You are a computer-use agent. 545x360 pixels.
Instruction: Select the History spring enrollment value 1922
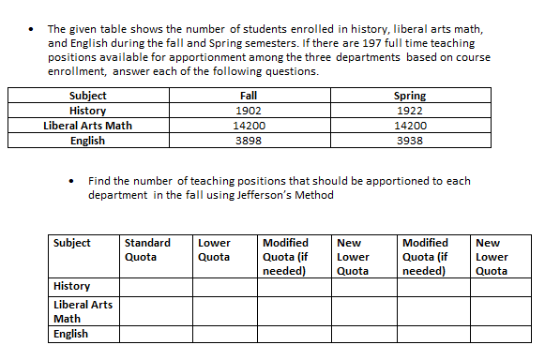(x=410, y=111)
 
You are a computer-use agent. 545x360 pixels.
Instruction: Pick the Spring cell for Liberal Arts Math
(x=410, y=126)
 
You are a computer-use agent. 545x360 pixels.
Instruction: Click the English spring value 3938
(x=410, y=141)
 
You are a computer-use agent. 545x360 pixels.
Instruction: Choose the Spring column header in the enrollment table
(x=410, y=96)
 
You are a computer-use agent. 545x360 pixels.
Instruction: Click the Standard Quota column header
(x=147, y=249)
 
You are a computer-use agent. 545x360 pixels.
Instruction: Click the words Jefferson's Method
(x=286, y=195)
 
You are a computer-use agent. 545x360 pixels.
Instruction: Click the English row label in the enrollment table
(x=88, y=141)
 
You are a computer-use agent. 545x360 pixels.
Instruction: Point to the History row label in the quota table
(x=72, y=286)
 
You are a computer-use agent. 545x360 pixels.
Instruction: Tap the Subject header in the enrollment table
(x=88, y=96)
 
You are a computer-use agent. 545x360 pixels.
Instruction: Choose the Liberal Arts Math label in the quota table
(x=83, y=310)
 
